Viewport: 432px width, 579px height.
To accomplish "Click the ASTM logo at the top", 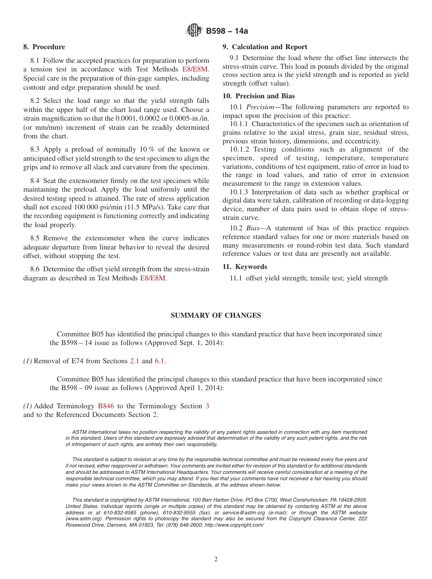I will point(194,31).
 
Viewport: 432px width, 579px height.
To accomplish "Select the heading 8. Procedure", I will point(44,47).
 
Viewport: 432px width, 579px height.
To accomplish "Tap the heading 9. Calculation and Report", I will point(265,47).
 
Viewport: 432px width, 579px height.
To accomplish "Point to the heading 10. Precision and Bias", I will point(258,96).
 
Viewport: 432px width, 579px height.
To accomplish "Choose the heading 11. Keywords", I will point(245,267).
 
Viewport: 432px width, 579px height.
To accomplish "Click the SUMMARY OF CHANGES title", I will point(216,315).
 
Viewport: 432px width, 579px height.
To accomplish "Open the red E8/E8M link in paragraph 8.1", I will point(195,69).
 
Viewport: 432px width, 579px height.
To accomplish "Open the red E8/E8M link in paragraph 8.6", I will point(153,278).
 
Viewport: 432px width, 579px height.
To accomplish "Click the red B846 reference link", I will point(106,406).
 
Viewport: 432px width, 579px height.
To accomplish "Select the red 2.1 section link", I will point(135,361).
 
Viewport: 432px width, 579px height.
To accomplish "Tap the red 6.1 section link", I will point(160,361).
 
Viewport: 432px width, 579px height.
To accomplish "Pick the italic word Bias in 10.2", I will point(254,228).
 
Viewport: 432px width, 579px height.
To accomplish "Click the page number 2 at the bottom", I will point(216,559).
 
